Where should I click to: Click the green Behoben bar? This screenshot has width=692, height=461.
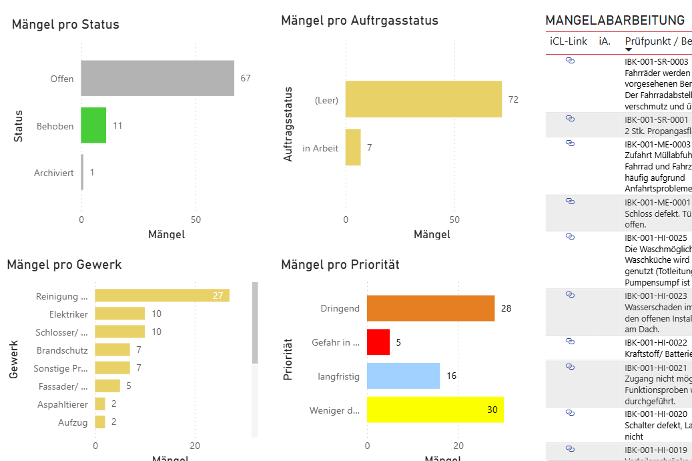pyautogui.click(x=93, y=125)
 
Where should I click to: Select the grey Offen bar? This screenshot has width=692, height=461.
pyautogui.click(x=157, y=78)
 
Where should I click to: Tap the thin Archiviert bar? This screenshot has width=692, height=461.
pyautogui.click(x=82, y=173)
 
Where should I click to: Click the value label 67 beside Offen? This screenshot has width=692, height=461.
pyautogui.click(x=246, y=78)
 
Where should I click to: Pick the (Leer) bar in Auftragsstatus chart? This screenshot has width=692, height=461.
pyautogui.click(x=423, y=99)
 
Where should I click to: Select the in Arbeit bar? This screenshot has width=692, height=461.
pyautogui.click(x=353, y=147)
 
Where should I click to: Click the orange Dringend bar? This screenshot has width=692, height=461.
pyautogui.click(x=430, y=308)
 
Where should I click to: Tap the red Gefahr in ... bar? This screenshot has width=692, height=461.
pyautogui.click(x=378, y=342)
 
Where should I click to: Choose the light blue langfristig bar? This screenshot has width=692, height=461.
pyautogui.click(x=403, y=376)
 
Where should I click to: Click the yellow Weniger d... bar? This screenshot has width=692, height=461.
pyautogui.click(x=435, y=410)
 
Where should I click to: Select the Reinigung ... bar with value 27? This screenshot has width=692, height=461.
pyautogui.click(x=162, y=296)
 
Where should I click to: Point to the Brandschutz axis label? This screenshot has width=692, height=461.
pyautogui.click(x=62, y=350)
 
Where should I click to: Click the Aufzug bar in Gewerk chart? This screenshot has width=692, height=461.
pyautogui.click(x=100, y=422)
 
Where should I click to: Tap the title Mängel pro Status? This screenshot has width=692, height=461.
pyautogui.click(x=65, y=25)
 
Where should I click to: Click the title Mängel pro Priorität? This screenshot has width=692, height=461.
pyautogui.click(x=340, y=265)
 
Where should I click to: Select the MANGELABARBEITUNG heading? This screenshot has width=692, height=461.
pyautogui.click(x=615, y=21)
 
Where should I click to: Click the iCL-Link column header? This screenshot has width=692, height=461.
pyautogui.click(x=569, y=41)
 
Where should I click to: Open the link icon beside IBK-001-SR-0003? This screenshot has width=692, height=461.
pyautogui.click(x=570, y=61)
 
